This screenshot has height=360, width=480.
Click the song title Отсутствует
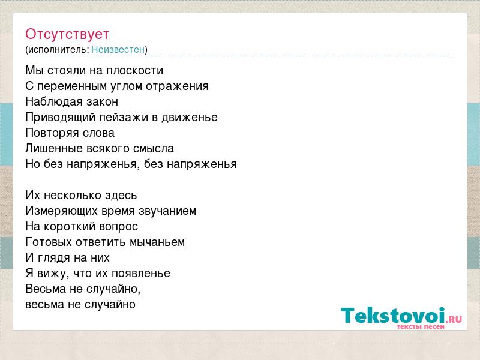pos(67,34)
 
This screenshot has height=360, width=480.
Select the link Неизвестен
pos(118,50)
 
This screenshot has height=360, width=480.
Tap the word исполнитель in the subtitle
pos(58,50)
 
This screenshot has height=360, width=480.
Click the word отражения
pos(177,86)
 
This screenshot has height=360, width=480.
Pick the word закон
pos(102,102)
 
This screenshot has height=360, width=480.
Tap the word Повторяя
pos(48,133)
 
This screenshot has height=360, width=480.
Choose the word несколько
pos(73,196)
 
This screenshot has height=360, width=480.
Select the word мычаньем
pos(157,242)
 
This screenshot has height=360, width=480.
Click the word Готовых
pos(49,242)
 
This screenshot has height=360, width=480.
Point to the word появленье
pos(141,274)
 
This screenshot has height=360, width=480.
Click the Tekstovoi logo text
pos(393,316)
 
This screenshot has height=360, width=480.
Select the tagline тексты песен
pos(421,326)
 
